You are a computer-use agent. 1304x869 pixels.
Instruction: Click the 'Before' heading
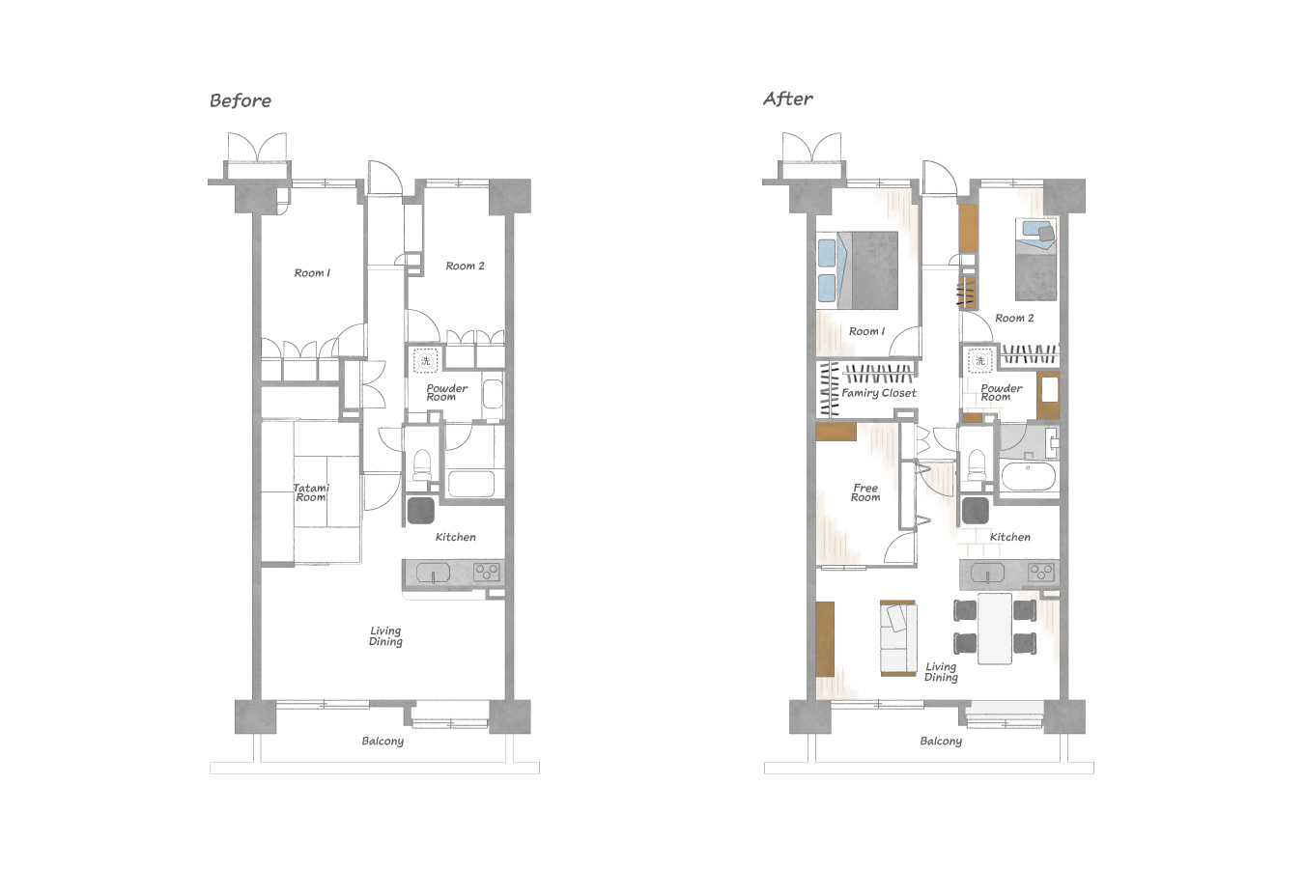pos(241,100)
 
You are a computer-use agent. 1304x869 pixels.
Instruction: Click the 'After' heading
pos(787,98)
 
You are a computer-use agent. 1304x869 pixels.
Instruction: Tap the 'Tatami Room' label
pos(311,492)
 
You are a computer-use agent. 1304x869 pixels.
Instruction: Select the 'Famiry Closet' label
pos(878,393)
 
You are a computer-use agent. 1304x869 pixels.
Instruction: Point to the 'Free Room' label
pos(865,492)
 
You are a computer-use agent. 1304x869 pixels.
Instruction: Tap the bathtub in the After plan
pos(1028,477)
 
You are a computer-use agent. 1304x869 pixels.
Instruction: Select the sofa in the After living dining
pos(898,638)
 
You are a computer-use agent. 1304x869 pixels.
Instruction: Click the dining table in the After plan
pos(995,628)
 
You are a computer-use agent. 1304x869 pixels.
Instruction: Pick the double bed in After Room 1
pos(857,270)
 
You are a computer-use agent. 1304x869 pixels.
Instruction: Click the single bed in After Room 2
pos(1036,260)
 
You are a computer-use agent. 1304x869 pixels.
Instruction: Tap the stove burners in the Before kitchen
pos(486,573)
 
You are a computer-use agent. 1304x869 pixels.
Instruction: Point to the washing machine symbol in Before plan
pos(426,360)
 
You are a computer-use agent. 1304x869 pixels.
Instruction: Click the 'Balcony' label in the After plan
pos(941,742)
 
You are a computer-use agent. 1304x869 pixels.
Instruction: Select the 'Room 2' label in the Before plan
pos(465,266)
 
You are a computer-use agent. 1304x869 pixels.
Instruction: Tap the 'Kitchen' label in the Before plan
pos(455,537)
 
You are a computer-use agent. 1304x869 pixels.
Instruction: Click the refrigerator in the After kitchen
pos(975,511)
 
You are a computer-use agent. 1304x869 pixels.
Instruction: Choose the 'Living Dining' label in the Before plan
pos(385,636)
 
